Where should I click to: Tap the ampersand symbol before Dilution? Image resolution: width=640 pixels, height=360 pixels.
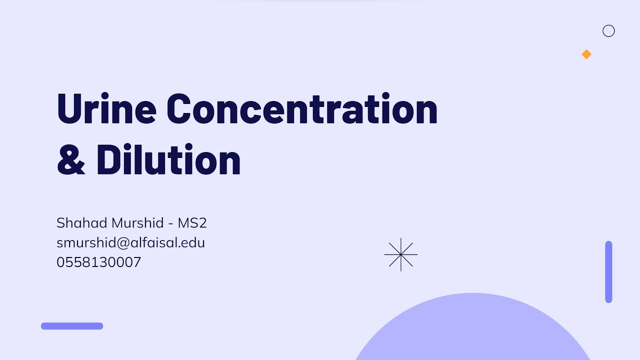(71, 160)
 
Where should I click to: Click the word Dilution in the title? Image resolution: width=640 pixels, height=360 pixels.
(168, 160)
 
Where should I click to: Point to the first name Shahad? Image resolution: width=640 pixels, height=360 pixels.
(80, 223)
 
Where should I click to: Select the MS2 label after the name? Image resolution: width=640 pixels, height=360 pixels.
(192, 223)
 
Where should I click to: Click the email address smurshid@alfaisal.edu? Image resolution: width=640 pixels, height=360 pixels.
(130, 242)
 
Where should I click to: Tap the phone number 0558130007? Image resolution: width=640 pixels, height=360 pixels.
(98, 262)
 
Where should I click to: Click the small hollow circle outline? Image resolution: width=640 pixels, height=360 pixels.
(608, 31)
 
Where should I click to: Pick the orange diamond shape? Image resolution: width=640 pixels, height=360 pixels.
(586, 54)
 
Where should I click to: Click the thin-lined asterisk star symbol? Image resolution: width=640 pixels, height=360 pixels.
(401, 254)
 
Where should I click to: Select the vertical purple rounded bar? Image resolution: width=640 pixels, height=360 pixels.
(608, 272)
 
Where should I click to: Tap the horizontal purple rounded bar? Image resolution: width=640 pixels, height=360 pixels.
(72, 326)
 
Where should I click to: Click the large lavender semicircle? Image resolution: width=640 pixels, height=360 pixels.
(472, 330)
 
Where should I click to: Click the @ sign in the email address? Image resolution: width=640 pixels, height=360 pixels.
(123, 243)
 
